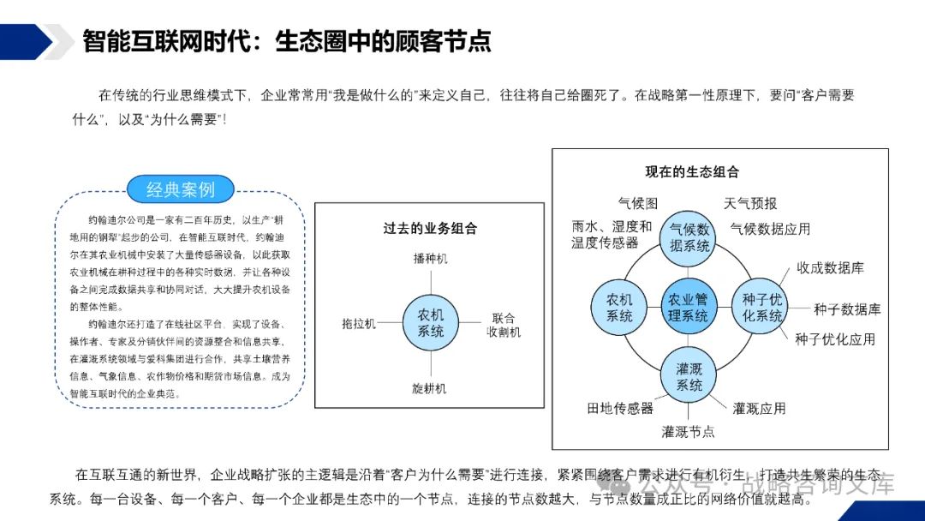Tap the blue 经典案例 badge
click(x=180, y=189)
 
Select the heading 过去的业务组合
click(x=429, y=229)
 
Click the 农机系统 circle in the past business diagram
click(x=430, y=323)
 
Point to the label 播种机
click(x=430, y=258)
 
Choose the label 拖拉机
click(x=359, y=324)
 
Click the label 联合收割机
click(x=503, y=325)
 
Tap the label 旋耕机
click(x=430, y=388)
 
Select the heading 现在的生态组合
click(x=692, y=172)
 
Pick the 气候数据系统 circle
click(x=689, y=237)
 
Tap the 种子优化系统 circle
click(x=761, y=308)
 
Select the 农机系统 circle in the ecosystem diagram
click(x=618, y=308)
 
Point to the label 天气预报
click(x=750, y=203)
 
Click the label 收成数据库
click(x=830, y=268)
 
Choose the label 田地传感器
click(x=620, y=409)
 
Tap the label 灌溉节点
click(x=689, y=432)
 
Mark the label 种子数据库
click(x=846, y=309)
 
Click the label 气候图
click(x=638, y=203)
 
